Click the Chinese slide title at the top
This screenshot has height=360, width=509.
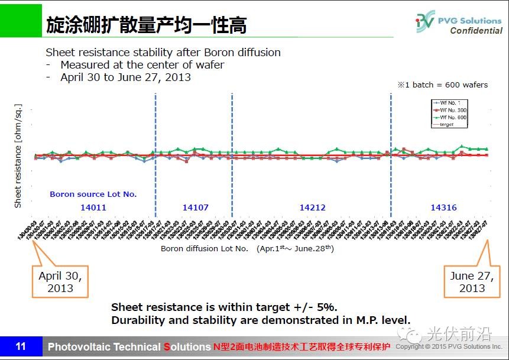(x=146, y=25)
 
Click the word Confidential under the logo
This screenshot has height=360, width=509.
(x=475, y=31)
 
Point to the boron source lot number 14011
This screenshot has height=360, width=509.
(x=93, y=207)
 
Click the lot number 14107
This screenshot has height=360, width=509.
(x=195, y=207)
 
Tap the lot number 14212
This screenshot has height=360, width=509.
(x=312, y=207)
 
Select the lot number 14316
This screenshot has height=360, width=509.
(x=443, y=207)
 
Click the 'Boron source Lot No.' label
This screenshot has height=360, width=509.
(x=93, y=194)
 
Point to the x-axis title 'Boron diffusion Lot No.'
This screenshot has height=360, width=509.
(x=204, y=249)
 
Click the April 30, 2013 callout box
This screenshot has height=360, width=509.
(x=60, y=282)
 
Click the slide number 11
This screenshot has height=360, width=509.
(x=21, y=346)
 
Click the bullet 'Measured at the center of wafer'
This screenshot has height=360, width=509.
(x=142, y=64)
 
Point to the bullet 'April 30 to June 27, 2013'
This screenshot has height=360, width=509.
(x=125, y=77)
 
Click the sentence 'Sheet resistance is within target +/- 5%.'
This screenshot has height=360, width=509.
(x=224, y=307)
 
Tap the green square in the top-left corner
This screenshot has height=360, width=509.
(x=21, y=20)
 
